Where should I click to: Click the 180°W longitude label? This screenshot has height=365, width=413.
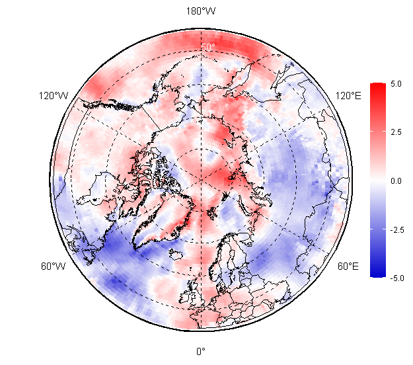[x=201, y=11]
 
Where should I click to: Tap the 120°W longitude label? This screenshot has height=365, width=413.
[x=54, y=96]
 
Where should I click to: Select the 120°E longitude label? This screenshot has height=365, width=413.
[x=348, y=96]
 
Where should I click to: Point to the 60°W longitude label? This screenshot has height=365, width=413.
[x=54, y=266]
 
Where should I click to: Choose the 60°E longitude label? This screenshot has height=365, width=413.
[x=348, y=266]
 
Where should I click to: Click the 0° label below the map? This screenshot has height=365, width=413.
[x=201, y=351]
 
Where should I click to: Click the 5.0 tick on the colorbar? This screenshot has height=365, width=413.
[x=396, y=84]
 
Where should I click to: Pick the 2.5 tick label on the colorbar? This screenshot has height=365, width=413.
[x=396, y=132]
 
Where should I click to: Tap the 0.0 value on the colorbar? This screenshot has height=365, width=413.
[x=396, y=181]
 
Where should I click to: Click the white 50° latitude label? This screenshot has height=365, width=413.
[x=208, y=47]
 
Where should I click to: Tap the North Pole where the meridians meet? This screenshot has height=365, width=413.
[x=201, y=181]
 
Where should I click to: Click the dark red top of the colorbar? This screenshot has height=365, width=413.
[x=378, y=86]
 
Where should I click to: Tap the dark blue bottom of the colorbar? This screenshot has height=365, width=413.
[x=378, y=274]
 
